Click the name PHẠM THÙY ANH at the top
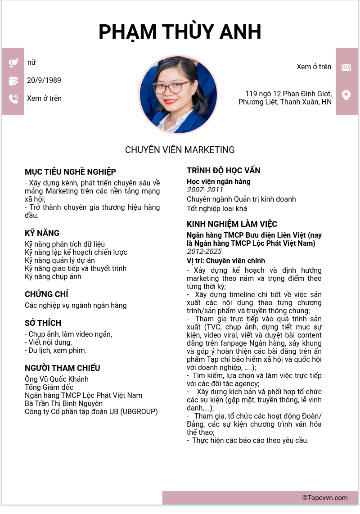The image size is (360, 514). point(180,32)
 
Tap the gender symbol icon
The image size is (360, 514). point(13,63)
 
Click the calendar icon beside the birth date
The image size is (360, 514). point(13,81)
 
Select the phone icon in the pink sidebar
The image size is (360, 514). point(13,99)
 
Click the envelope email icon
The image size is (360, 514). point(346,68)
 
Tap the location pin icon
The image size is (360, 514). point(346,95)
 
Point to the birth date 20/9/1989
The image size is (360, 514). point(44,81)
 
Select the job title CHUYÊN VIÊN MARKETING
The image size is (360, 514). point(180,150)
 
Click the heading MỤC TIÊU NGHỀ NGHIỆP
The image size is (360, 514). point(70,172)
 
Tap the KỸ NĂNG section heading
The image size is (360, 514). point(42,233)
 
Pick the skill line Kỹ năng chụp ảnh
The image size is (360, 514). point(53,277)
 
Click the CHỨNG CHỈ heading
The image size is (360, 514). point(46,294)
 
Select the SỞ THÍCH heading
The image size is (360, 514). point(43,323)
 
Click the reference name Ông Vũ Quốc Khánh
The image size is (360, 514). point(57,379)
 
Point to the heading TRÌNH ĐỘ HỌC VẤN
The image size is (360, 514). point(224,171)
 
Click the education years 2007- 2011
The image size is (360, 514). point(205,190)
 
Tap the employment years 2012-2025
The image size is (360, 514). point(204,252)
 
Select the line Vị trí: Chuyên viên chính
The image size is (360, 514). point(226,261)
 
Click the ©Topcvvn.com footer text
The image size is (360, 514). point(325,498)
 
